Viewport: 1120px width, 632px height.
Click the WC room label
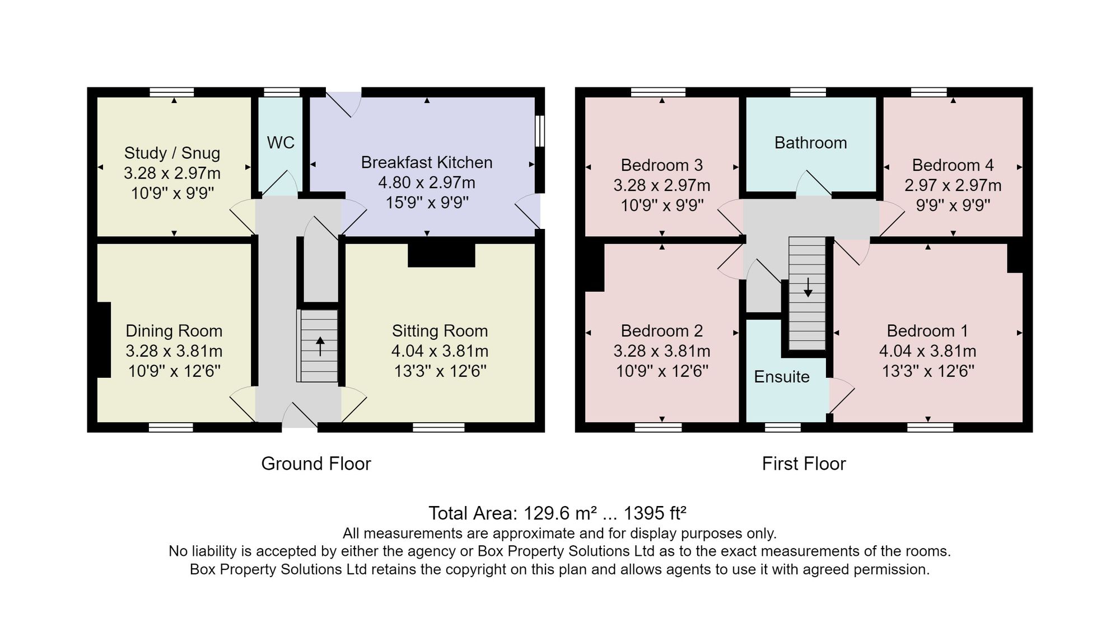(x=281, y=143)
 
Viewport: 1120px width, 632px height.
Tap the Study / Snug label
(x=172, y=153)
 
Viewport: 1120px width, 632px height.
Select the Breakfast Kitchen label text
(x=427, y=162)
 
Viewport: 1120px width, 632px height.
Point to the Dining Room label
(x=174, y=331)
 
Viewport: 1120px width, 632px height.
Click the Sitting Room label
(x=440, y=331)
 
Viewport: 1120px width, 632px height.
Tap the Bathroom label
(x=810, y=143)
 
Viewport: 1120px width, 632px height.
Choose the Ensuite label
(x=782, y=377)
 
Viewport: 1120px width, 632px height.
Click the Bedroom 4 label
(x=953, y=165)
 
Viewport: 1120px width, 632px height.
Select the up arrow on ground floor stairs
(x=320, y=346)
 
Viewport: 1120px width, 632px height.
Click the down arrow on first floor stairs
(x=808, y=287)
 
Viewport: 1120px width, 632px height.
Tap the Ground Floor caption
(x=316, y=464)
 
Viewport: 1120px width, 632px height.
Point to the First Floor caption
(x=804, y=464)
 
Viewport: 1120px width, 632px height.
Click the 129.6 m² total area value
(x=560, y=513)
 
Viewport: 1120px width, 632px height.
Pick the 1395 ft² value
(x=655, y=513)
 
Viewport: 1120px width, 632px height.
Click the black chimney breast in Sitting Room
(x=441, y=255)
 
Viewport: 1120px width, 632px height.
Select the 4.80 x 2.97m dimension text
(x=427, y=182)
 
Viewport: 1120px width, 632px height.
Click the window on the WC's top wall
(x=282, y=92)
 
